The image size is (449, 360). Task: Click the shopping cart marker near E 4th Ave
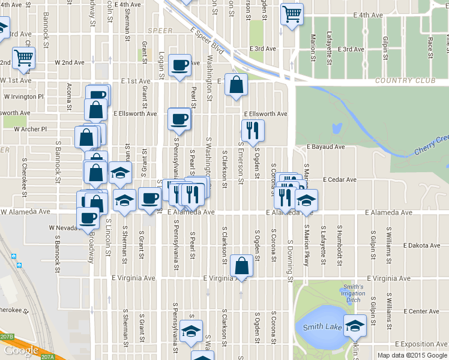tap(292, 13)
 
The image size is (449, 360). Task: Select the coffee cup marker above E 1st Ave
tap(179, 65)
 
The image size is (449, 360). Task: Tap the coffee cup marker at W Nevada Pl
tap(88, 218)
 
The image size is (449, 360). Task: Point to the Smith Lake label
tap(322, 327)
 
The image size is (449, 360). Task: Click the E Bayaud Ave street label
tap(325, 146)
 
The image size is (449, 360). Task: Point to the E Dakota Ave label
tap(421, 245)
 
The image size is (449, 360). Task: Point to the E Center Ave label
tap(421, 311)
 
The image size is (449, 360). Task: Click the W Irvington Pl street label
tap(24, 96)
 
